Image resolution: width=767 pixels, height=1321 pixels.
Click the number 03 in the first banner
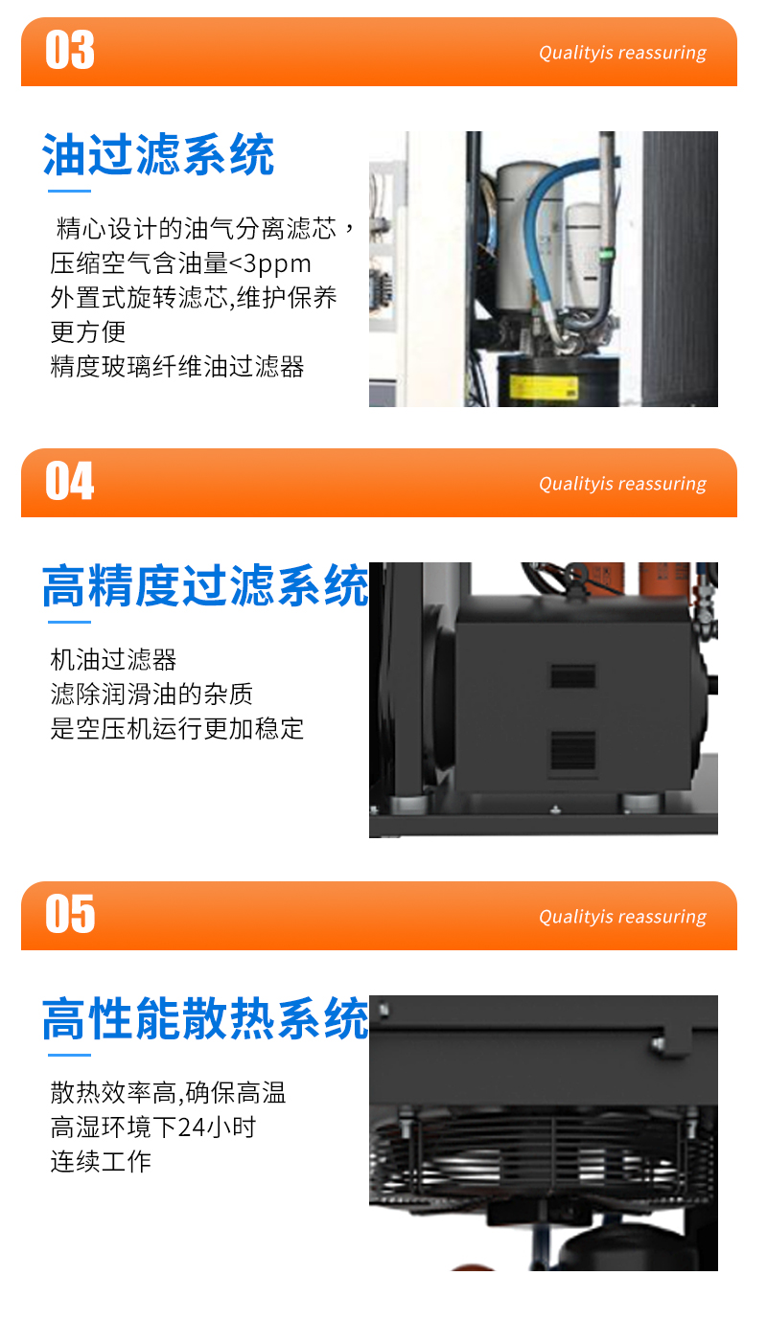point(70,50)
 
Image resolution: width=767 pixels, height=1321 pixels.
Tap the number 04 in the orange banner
point(70,481)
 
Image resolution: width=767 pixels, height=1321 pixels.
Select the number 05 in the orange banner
point(70,914)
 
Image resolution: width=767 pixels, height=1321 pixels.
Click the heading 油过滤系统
point(158,154)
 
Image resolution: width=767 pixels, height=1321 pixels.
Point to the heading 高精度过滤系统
point(205,585)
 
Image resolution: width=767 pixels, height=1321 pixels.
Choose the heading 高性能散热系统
point(205,1018)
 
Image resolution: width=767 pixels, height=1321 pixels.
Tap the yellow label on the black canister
point(544,387)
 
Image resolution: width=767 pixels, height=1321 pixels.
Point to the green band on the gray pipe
point(606,255)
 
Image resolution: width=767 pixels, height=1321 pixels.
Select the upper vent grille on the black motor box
point(572,676)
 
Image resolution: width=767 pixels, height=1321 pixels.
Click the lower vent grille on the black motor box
point(572,750)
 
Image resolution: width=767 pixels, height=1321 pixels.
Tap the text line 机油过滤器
point(113,660)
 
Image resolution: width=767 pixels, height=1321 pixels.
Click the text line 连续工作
point(101,1162)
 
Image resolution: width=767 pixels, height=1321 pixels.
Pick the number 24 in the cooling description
point(191,1127)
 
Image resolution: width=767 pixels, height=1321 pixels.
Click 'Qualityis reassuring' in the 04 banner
point(622,484)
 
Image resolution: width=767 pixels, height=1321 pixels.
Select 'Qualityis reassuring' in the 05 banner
point(622,917)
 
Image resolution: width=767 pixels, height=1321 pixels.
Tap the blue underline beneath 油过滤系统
point(69,191)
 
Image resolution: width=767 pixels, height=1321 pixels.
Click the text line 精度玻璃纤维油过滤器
point(177,367)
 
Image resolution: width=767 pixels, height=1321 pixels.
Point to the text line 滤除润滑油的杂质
point(151,695)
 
